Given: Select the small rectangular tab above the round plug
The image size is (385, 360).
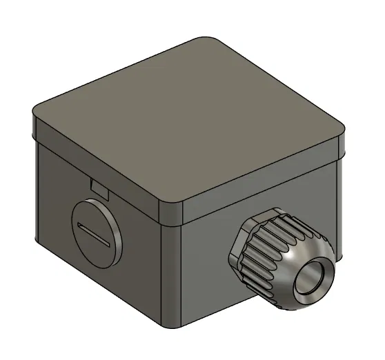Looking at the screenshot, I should coord(99,186).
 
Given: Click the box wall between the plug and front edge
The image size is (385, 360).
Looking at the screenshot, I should coord(145,262).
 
